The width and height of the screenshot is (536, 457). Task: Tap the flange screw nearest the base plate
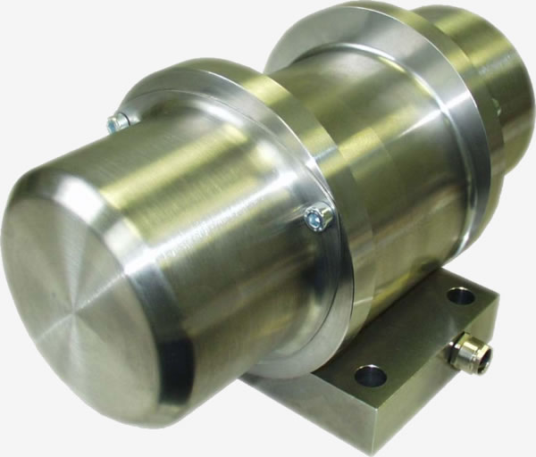316,217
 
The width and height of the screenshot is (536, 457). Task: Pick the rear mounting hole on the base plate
461,295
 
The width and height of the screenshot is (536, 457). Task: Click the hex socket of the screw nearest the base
314,215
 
